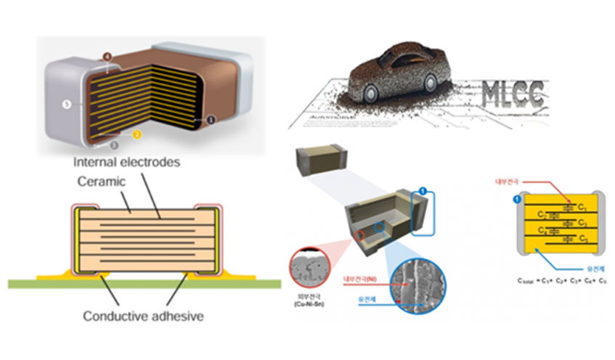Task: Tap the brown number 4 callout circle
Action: click(x=107, y=55)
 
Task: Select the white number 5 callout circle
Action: click(x=67, y=105)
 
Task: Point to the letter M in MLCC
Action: click(x=495, y=95)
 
